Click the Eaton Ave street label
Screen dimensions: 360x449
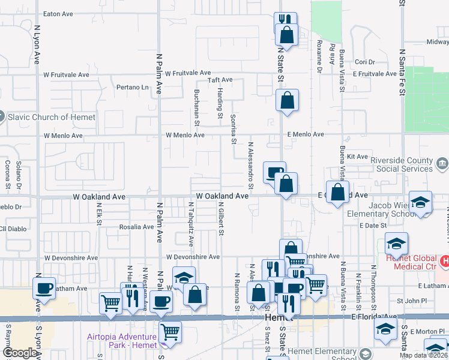point(58,14)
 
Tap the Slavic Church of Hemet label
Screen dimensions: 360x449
point(52,117)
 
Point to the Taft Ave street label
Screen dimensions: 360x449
point(220,80)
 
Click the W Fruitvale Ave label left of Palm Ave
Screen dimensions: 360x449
point(66,75)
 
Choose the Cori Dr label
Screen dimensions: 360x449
point(364,62)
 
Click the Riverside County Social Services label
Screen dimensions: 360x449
point(401,165)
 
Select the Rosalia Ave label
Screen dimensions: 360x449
point(136,227)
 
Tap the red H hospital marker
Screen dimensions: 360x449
point(445,261)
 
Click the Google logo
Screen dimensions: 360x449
point(19,353)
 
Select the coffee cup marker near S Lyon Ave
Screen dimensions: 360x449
point(44,289)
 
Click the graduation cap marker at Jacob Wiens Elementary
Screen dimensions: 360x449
point(421,202)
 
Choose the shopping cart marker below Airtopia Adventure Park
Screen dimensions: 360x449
point(171,331)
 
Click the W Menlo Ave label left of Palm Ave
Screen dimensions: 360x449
point(63,136)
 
